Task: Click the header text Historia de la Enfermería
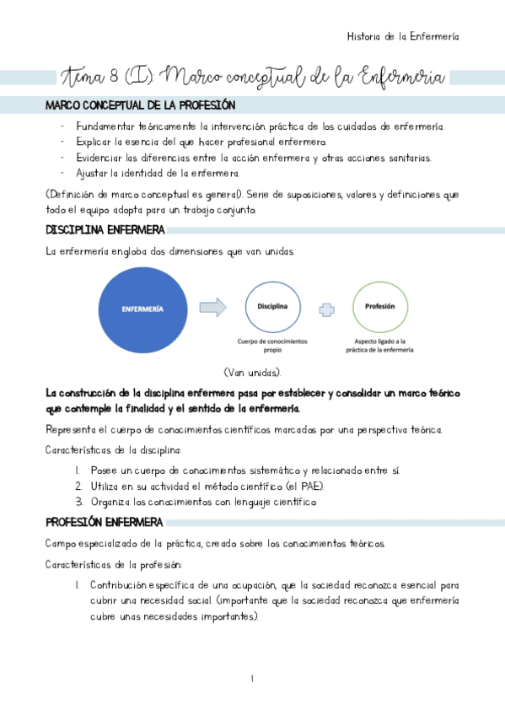(403, 36)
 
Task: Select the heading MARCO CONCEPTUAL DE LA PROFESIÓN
(140, 105)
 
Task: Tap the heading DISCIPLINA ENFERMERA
(105, 230)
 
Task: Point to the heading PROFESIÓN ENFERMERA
(104, 523)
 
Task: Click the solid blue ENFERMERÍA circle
(143, 309)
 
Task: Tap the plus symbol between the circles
(326, 309)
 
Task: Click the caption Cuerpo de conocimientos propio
(272, 346)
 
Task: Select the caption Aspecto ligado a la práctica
(381, 346)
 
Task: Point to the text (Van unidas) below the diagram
(252, 373)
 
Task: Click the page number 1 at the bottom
(251, 679)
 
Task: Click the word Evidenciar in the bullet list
(99, 157)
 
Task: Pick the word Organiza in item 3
(110, 502)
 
